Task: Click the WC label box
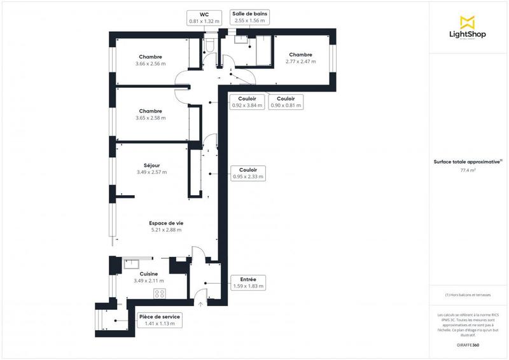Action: pos(204,17)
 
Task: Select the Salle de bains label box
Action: pos(251,17)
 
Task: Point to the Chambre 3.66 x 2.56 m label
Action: pos(150,60)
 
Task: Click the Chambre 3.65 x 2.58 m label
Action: pos(150,114)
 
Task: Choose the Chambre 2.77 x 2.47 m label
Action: pos(300,58)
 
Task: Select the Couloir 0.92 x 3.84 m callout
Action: pos(247,102)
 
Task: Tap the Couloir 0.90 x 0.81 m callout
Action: pos(286,102)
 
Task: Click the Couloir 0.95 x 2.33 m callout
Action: pos(248,174)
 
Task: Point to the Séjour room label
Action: pos(151,169)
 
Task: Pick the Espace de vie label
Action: pos(166,226)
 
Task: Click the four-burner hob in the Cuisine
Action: pos(160,293)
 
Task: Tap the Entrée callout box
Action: pos(248,282)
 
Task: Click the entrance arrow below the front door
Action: pos(200,305)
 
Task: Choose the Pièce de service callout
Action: pos(160,320)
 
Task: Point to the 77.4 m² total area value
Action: pos(468,171)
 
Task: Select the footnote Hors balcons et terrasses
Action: pos(468,294)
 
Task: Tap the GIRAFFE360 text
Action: pos(468,344)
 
